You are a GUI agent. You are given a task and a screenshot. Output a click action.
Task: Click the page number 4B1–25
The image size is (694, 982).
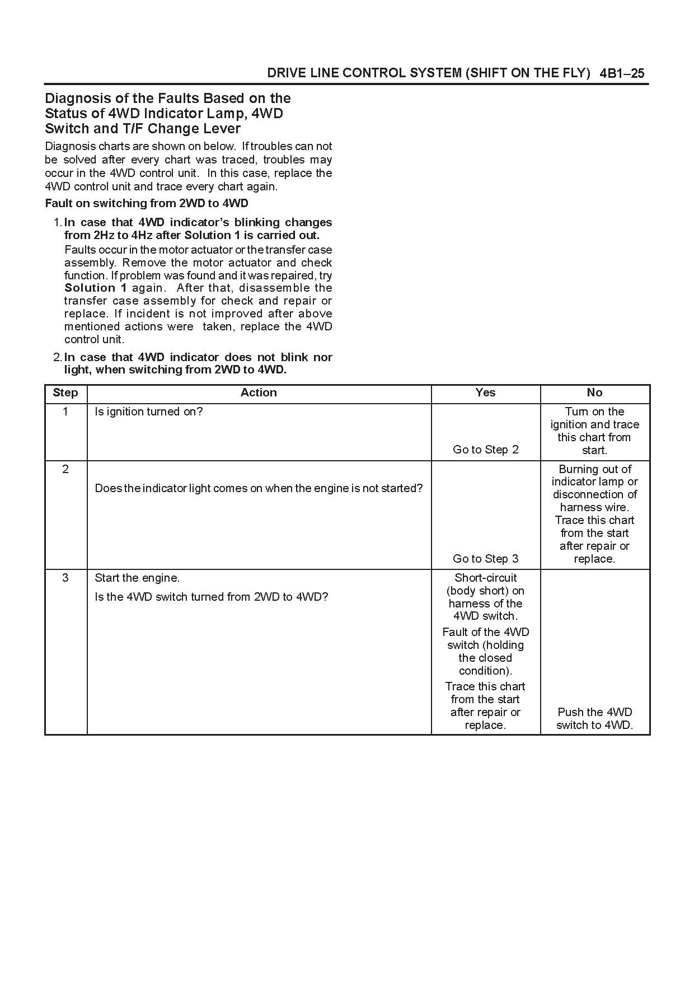pyautogui.click(x=622, y=73)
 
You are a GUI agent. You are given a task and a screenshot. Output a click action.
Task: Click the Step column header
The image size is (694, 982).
pyautogui.click(x=65, y=392)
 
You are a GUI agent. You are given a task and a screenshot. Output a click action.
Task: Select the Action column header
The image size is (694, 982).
pyautogui.click(x=259, y=392)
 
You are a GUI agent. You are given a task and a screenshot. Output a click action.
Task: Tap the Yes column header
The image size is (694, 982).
pyautogui.click(x=485, y=392)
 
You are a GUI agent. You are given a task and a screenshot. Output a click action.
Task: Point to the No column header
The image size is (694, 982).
pyautogui.click(x=594, y=392)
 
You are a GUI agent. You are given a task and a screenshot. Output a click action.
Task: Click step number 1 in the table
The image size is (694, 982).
pyautogui.click(x=65, y=411)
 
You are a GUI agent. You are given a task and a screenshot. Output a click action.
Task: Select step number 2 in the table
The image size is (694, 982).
pyautogui.click(x=65, y=469)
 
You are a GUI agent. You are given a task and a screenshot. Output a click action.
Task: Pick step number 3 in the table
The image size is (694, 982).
pyautogui.click(x=65, y=578)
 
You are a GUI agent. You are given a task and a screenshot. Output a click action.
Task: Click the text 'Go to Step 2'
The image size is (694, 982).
pyautogui.click(x=485, y=450)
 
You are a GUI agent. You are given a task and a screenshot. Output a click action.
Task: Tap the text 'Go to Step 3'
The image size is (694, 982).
pyautogui.click(x=485, y=559)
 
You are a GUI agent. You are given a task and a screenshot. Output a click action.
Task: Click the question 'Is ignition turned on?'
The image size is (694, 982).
pyautogui.click(x=149, y=411)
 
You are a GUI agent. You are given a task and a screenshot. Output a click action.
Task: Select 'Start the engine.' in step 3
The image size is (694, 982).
pyautogui.click(x=137, y=578)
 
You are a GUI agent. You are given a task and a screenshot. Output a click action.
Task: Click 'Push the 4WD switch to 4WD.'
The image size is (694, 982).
pyautogui.click(x=594, y=718)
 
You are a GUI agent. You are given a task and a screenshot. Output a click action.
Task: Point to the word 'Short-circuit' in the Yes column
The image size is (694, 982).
pyautogui.click(x=485, y=578)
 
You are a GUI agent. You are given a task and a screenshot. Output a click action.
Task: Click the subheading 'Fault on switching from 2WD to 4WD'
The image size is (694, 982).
pyautogui.click(x=147, y=203)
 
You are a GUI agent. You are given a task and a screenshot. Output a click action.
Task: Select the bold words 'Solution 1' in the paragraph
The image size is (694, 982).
pyautogui.click(x=96, y=288)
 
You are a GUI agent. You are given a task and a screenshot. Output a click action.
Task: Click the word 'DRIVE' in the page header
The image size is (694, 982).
pyautogui.click(x=285, y=73)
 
